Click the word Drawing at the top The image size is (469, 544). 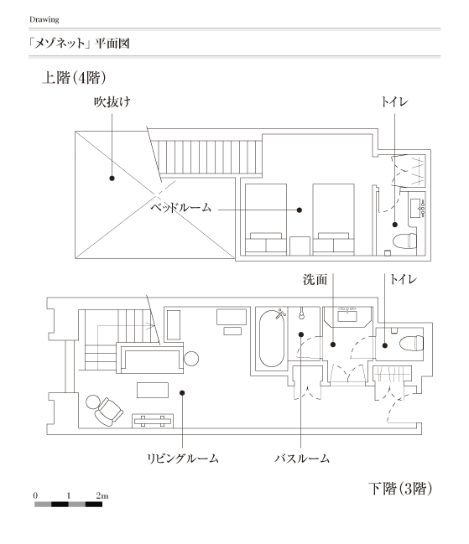coord(44,19)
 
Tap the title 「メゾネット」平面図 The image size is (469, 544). coord(80,44)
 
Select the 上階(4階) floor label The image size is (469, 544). coord(74,77)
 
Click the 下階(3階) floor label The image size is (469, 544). coord(400,489)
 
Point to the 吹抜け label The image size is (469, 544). coord(112,102)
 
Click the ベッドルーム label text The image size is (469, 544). coord(180,208)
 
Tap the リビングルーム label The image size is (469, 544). coord(183,459)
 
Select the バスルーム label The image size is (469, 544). coord(302,459)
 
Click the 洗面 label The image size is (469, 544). coord(315,279)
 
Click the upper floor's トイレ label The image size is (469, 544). coord(394,101)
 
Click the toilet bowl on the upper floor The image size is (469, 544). coord(404,241)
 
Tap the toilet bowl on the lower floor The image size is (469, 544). coord(411,343)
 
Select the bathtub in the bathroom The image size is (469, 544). coord(272,339)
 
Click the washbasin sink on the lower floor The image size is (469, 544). coord(347,316)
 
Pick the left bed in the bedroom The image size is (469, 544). coord(266,220)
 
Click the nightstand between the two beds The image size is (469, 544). coord(300,246)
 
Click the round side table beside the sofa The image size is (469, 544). coord(191,359)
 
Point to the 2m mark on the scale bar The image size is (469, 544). coord(102,495)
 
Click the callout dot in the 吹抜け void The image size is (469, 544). coord(112,179)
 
